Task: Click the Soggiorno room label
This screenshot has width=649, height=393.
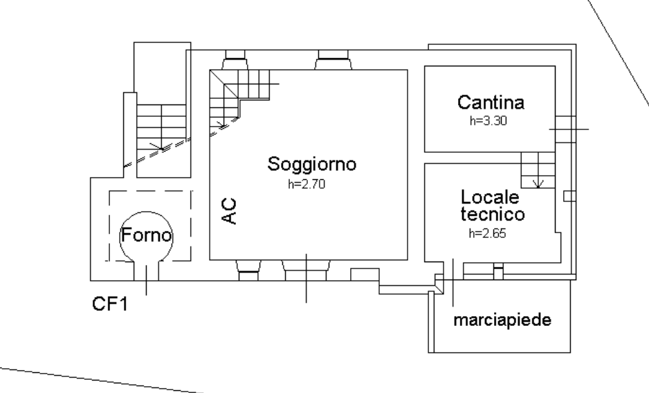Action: (311, 165)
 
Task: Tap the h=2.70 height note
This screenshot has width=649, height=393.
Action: (307, 184)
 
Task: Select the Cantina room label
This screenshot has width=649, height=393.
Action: (491, 102)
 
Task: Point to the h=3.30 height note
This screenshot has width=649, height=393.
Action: (488, 120)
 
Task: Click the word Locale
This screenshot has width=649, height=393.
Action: (490, 197)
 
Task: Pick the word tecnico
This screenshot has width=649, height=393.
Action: (493, 214)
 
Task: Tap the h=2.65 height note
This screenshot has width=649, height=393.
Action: (488, 233)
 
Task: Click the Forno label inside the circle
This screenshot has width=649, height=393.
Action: (146, 235)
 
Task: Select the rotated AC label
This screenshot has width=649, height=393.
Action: (229, 211)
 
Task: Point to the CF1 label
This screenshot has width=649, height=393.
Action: (110, 304)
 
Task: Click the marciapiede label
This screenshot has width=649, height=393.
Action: (502, 320)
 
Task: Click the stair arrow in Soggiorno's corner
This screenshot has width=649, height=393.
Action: (221, 125)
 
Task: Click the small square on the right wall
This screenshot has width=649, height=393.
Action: (569, 196)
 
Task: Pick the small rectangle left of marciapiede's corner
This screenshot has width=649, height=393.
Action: (365, 275)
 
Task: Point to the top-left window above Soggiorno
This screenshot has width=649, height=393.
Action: (235, 60)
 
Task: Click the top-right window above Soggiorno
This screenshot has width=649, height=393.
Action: (333, 60)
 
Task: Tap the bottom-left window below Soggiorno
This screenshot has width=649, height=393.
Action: (248, 271)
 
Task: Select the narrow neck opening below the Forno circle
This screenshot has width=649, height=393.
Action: (146, 271)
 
